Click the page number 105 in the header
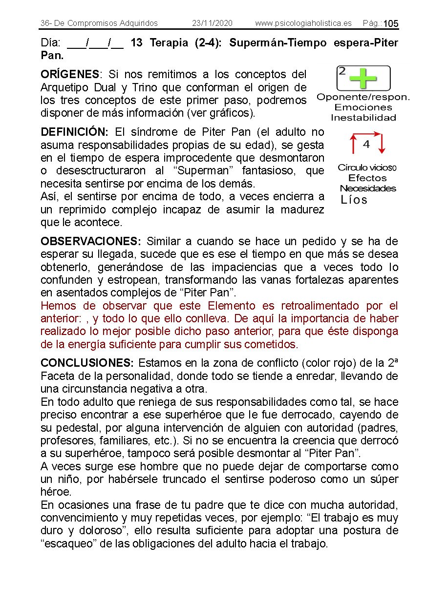click(x=391, y=24)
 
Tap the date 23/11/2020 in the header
click(x=212, y=23)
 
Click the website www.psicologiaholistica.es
click(x=303, y=23)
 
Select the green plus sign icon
click(x=363, y=78)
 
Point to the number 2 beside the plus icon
click(x=342, y=71)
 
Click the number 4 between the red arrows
click(x=366, y=145)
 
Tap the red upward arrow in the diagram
click(x=352, y=145)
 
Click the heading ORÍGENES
click(x=70, y=75)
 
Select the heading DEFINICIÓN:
click(x=75, y=132)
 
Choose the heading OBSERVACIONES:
click(x=91, y=241)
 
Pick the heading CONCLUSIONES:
click(x=87, y=363)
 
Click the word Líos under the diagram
click(x=354, y=200)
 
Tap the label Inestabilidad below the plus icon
click(x=363, y=118)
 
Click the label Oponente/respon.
click(x=363, y=97)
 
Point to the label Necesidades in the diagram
click(x=368, y=188)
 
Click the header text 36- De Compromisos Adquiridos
click(x=99, y=23)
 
